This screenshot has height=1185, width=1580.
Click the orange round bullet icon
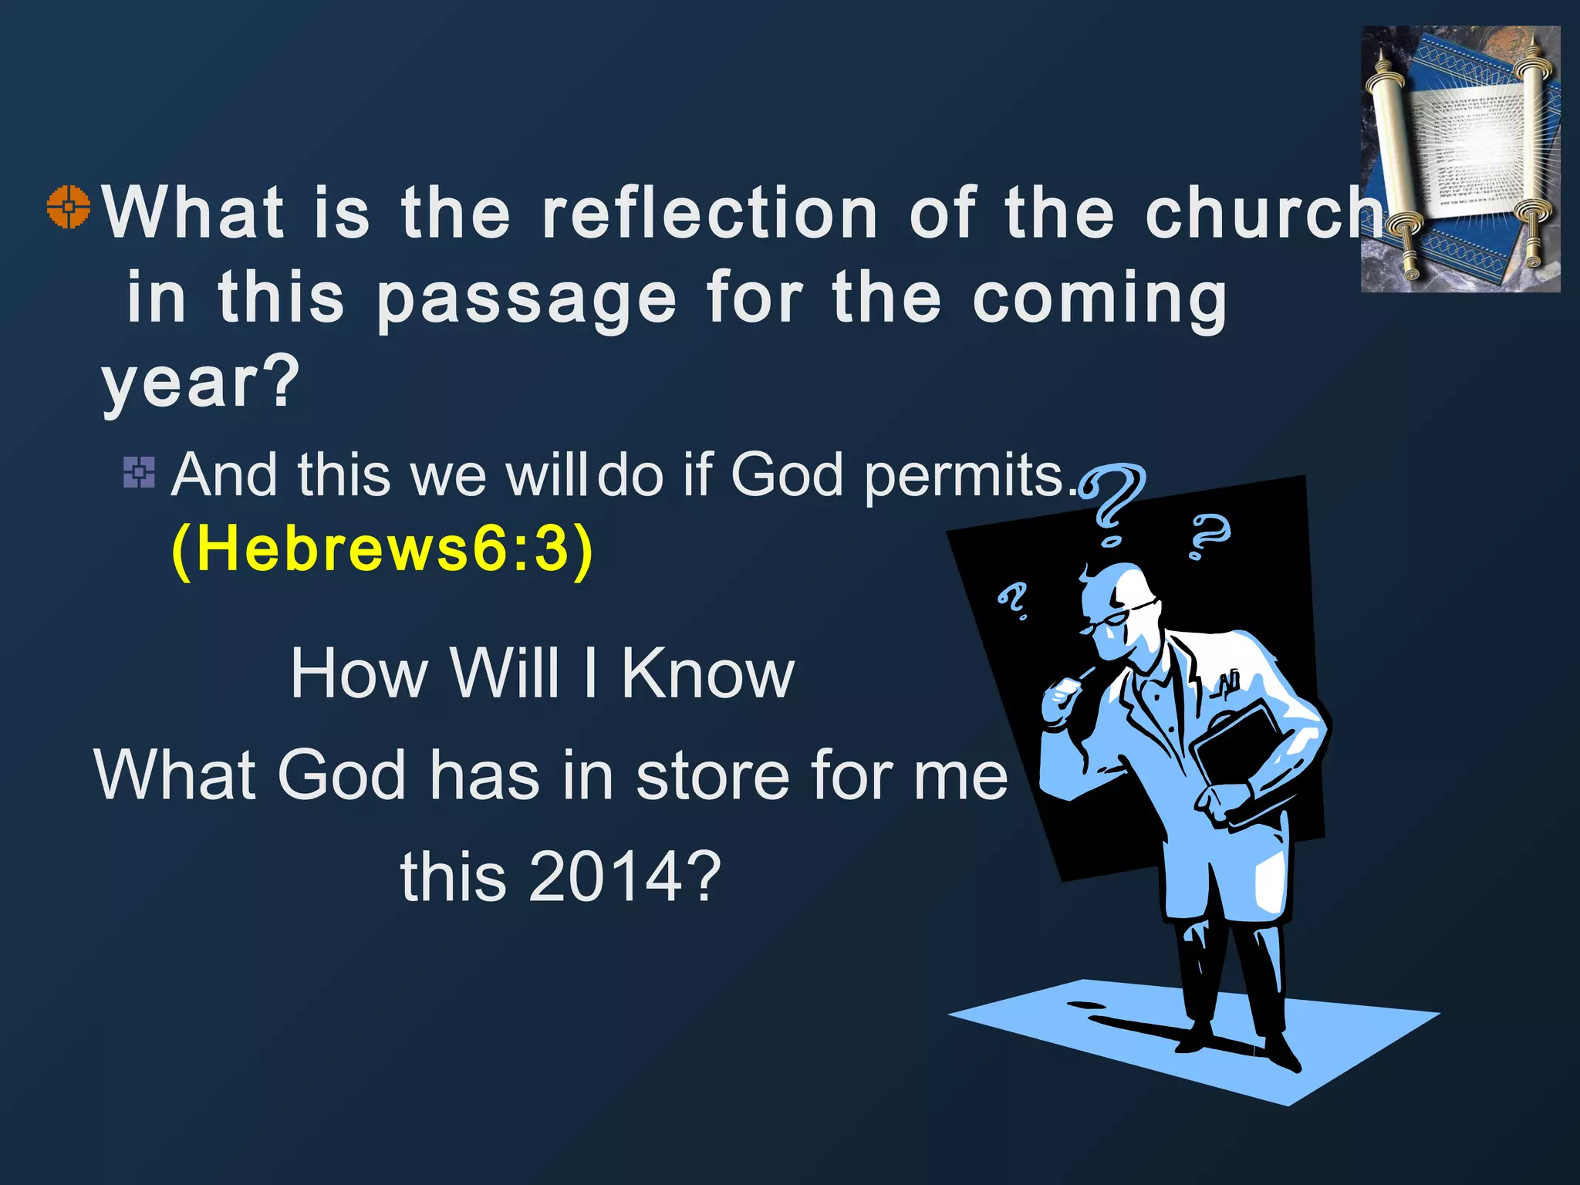pyautogui.click(x=69, y=208)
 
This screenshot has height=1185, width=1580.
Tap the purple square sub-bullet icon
pyautogui.click(x=139, y=472)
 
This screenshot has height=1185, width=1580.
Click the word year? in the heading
pyautogui.click(x=200, y=383)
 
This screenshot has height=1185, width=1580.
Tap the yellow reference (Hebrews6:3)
pyautogui.click(x=382, y=549)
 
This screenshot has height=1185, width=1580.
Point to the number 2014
pyautogui.click(x=606, y=877)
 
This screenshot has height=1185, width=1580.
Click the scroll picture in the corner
pyautogui.click(x=1460, y=159)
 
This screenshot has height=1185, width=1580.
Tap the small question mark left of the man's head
pyautogui.click(x=1012, y=601)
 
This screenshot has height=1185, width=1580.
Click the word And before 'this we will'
pyautogui.click(x=224, y=475)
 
